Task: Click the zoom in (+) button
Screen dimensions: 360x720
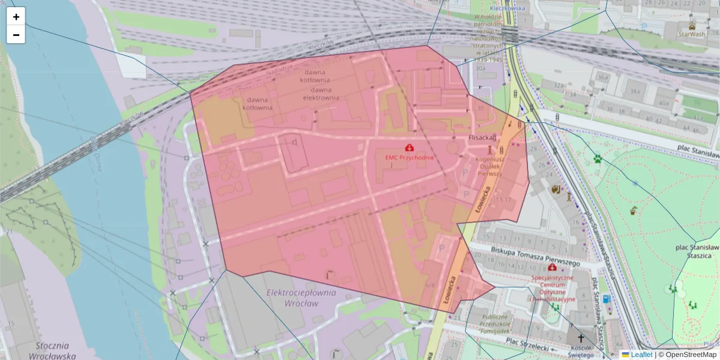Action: [x=16, y=17]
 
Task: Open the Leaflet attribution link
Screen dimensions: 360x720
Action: [x=641, y=355]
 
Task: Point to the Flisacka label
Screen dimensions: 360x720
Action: [x=480, y=137]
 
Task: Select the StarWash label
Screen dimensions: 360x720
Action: [x=691, y=35]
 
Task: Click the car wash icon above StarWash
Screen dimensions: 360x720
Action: [x=692, y=26]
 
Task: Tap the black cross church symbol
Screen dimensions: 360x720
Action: [x=580, y=338]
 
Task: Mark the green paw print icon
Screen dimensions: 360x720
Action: [x=598, y=159]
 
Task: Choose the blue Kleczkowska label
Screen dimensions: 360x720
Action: [x=507, y=8]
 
